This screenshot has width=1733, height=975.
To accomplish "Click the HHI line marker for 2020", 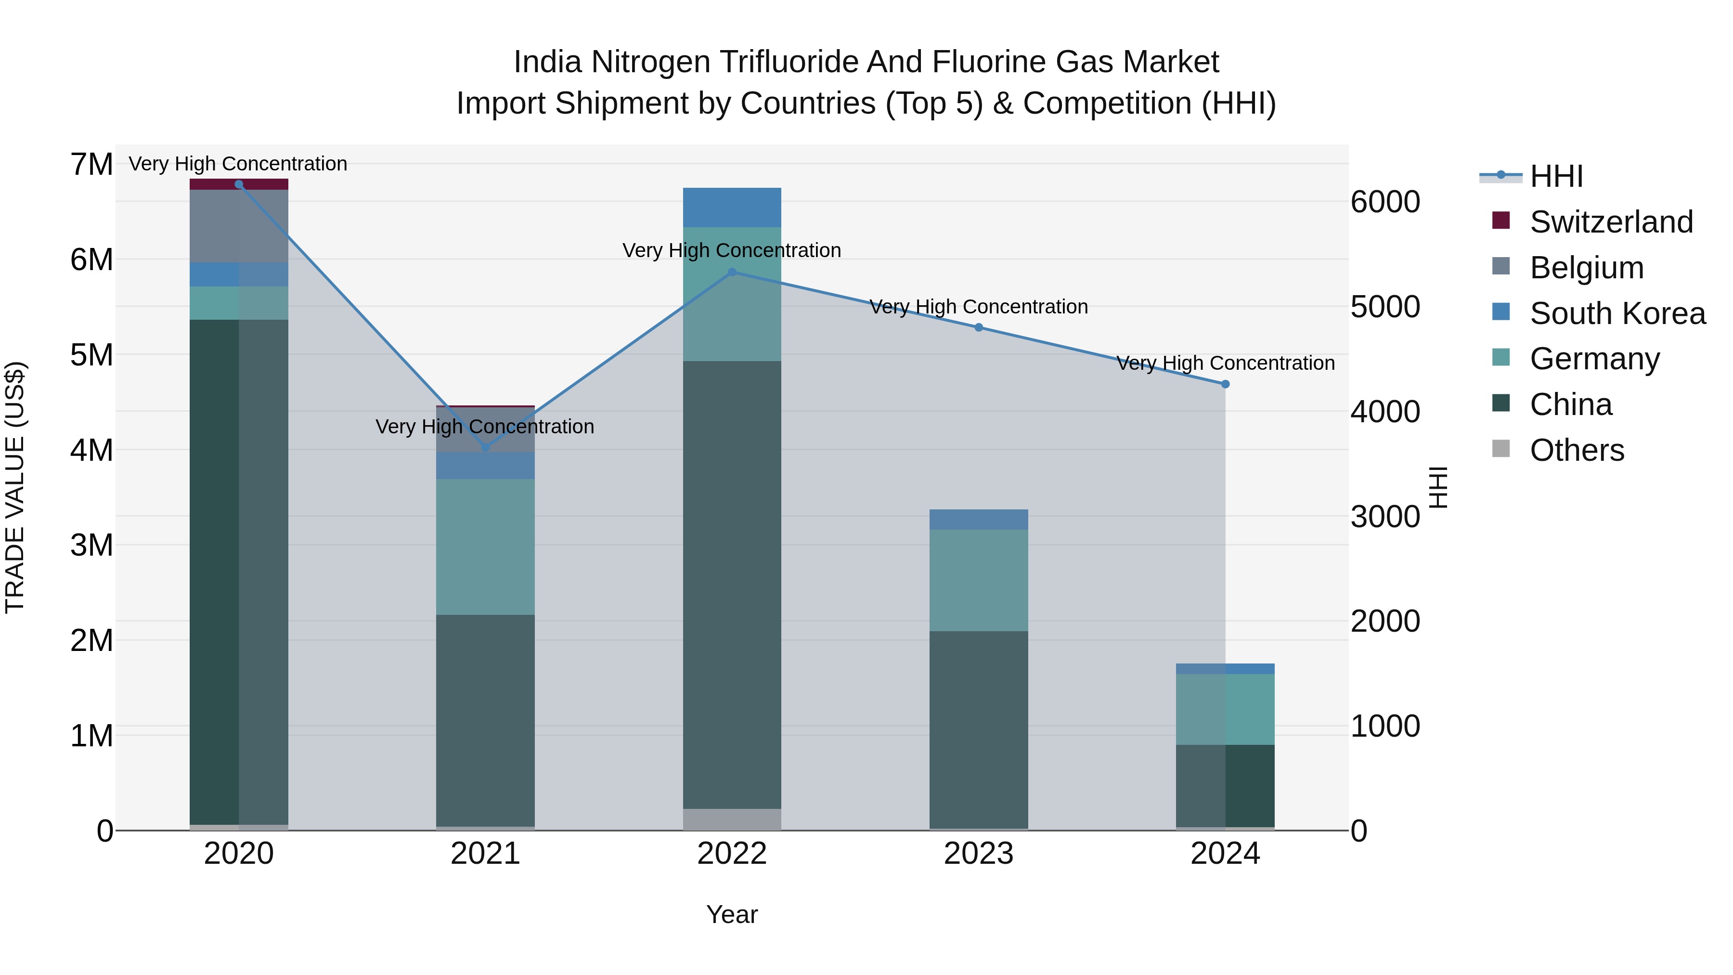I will tap(239, 184).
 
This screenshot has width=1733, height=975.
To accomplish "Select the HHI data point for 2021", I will tap(486, 447).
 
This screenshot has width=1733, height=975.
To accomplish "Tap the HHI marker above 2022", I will tap(732, 272).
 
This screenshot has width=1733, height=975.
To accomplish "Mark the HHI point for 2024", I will tap(1225, 384).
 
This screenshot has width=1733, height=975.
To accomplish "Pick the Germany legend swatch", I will tap(1501, 357).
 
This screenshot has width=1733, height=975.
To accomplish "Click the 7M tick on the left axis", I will tap(91, 165).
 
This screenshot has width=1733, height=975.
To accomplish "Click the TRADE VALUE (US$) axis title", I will tap(15, 487).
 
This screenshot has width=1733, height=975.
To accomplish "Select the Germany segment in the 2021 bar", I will tap(486, 547).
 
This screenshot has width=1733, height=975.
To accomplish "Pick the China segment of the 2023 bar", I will tap(979, 729).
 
